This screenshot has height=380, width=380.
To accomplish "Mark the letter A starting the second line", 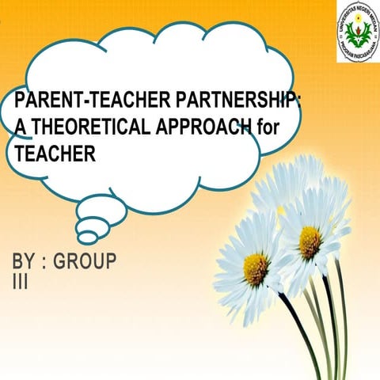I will click(x=11, y=127).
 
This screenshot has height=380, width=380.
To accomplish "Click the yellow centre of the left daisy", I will click(x=256, y=269).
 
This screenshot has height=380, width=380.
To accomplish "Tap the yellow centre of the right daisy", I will click(x=310, y=241).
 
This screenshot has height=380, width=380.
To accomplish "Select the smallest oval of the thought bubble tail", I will click(x=87, y=237).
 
